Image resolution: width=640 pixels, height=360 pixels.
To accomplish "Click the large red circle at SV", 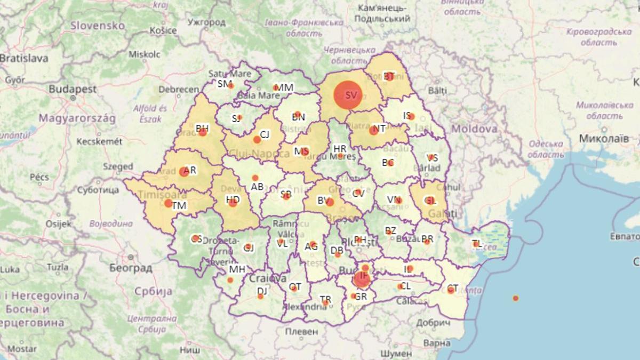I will pos(348,95).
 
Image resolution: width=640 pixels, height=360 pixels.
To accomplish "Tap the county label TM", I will pos(179,206).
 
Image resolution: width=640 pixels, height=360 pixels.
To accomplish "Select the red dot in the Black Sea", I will pos(515,298).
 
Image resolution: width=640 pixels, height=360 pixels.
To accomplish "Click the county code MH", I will pos(237,269).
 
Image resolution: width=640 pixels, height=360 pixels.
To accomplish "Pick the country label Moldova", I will pos(474,129).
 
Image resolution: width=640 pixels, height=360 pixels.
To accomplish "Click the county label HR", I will pos(340,148).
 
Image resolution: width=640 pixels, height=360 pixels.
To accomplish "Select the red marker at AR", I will pos(185,171).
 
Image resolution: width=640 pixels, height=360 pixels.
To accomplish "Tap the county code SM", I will pos(224,84).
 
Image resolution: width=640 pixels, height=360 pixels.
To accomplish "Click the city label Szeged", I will pos(117,166).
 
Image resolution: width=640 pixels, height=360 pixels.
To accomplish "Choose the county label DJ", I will pos(262,291).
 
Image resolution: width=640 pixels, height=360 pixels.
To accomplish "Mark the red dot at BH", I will pos(203,132).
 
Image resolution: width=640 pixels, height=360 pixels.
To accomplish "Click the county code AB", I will pos(257,187).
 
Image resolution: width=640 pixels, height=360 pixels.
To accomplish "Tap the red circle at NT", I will pos(374,130).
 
